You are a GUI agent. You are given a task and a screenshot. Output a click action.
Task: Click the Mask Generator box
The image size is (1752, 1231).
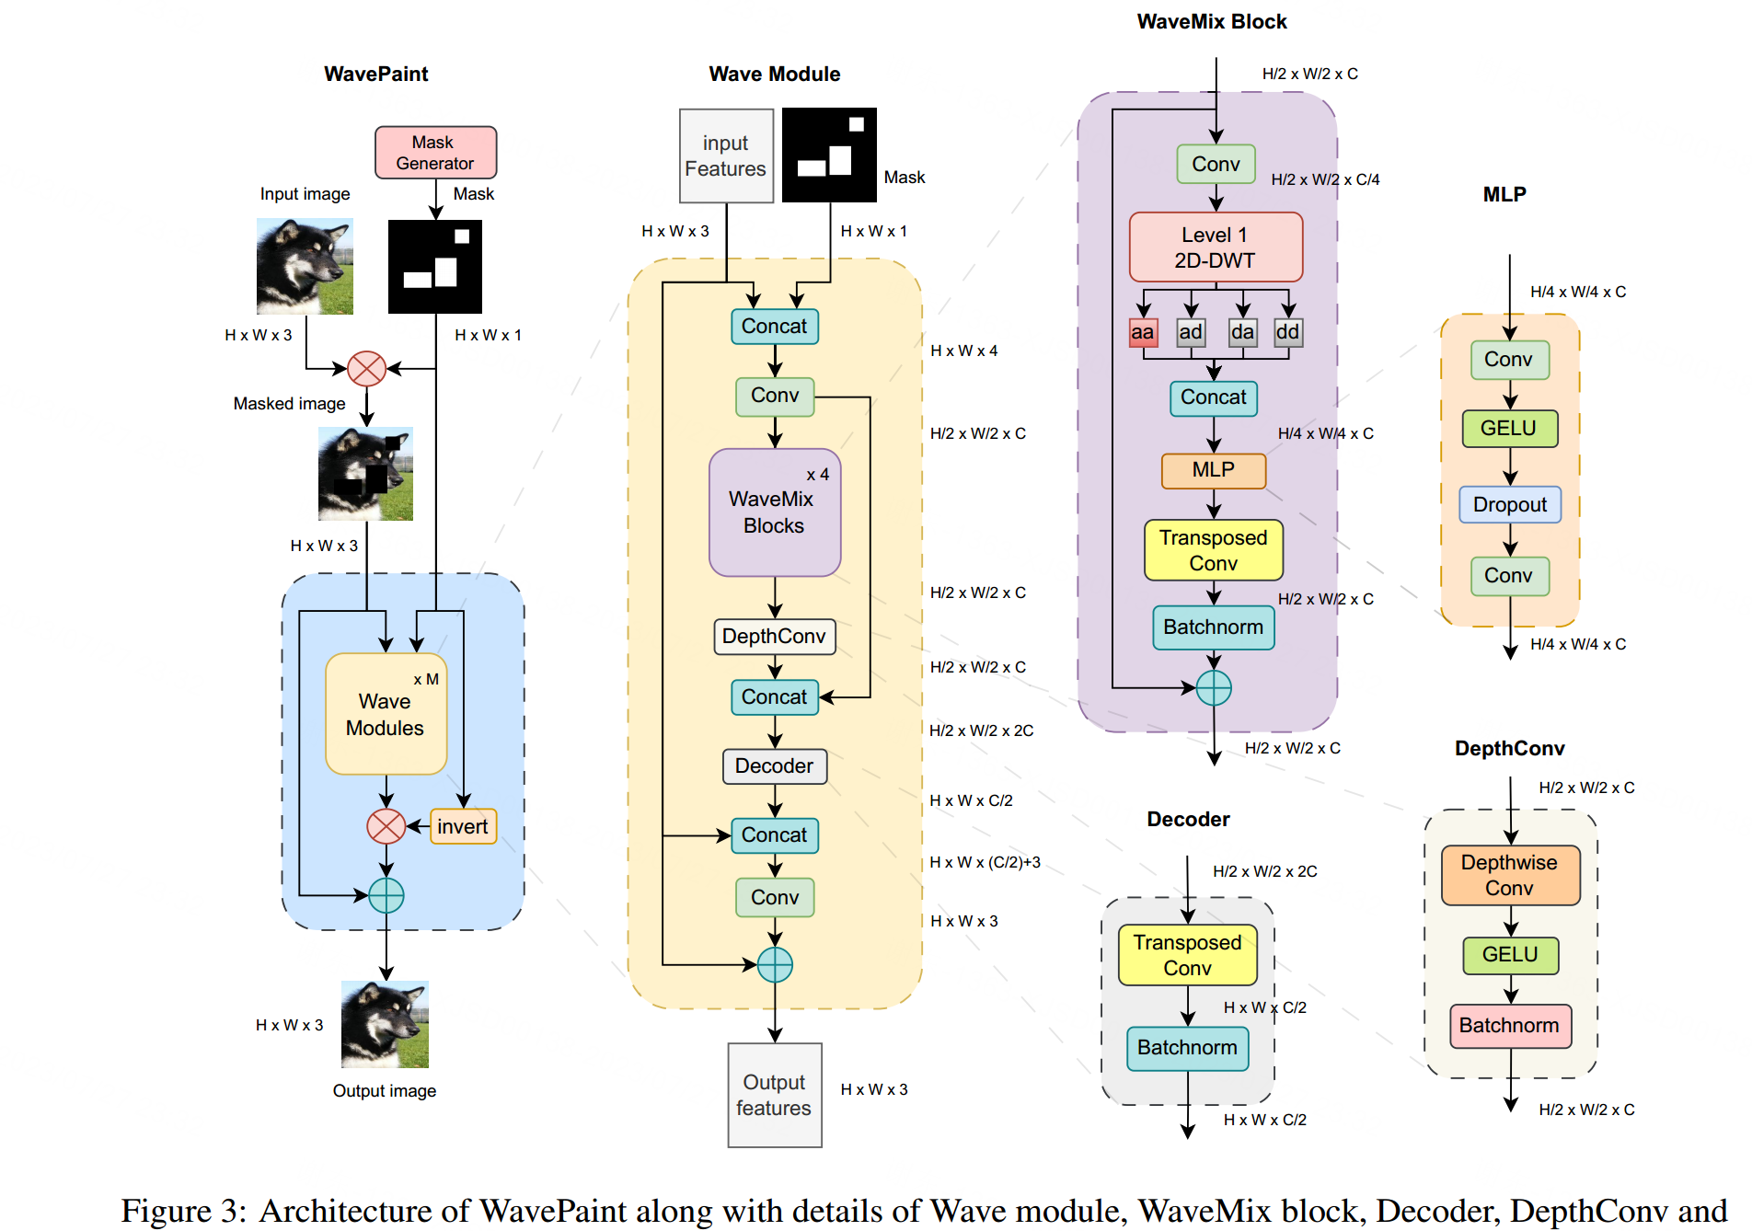(435, 153)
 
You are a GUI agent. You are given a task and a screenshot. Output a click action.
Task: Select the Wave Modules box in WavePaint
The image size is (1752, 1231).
(386, 714)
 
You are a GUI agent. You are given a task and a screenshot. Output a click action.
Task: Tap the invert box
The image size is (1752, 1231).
(463, 826)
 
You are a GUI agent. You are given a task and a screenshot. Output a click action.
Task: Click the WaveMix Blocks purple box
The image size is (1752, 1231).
(774, 512)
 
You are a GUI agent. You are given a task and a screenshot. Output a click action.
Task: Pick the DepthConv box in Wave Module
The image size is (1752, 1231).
(774, 637)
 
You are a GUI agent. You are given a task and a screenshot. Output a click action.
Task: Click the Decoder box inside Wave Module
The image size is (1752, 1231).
(774, 766)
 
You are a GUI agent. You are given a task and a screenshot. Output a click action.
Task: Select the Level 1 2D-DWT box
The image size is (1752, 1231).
(1215, 247)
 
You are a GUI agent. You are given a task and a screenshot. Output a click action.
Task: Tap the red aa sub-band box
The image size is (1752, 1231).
(1143, 332)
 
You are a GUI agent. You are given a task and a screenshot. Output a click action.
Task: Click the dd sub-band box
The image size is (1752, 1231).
(1287, 332)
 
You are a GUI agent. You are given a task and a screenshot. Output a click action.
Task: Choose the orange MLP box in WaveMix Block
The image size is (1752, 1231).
(1213, 470)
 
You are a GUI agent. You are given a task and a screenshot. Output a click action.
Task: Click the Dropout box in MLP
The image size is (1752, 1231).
(1509, 505)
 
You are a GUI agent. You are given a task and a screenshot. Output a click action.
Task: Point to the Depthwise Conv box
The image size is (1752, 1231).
(1509, 875)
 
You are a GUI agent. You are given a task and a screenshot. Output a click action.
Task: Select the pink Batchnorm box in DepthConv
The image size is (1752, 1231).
(1509, 1026)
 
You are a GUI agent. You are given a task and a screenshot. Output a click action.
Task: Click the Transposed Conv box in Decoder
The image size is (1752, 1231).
(1187, 955)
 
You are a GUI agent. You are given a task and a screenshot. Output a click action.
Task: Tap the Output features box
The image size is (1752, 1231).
(774, 1095)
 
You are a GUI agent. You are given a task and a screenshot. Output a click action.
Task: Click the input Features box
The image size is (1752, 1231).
(725, 156)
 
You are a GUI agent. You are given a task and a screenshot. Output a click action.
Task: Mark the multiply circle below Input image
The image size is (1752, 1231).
(366, 369)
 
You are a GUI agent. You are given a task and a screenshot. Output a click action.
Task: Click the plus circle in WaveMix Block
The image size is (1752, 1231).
(1214, 687)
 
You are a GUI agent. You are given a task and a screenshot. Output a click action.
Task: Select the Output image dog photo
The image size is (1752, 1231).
(385, 1024)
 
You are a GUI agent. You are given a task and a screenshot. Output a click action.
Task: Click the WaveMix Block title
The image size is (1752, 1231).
(1211, 22)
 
